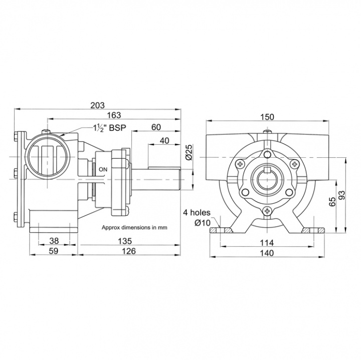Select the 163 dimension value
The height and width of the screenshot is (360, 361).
[113, 116]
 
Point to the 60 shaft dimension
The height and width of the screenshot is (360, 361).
[156, 127]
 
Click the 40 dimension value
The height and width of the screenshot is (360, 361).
[164, 141]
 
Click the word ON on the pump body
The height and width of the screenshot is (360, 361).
[103, 170]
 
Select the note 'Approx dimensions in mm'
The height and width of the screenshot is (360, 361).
[134, 227]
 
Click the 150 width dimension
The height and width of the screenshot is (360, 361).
[267, 117]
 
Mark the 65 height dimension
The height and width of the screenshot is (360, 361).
[332, 202]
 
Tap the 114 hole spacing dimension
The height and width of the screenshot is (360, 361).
[267, 242]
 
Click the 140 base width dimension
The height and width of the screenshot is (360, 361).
[267, 253]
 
